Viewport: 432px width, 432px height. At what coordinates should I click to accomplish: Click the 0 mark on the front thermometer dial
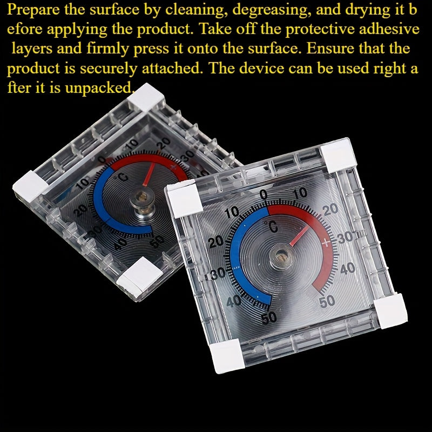click(263, 194)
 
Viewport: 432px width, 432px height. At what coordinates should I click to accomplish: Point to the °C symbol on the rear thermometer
click(123, 177)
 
